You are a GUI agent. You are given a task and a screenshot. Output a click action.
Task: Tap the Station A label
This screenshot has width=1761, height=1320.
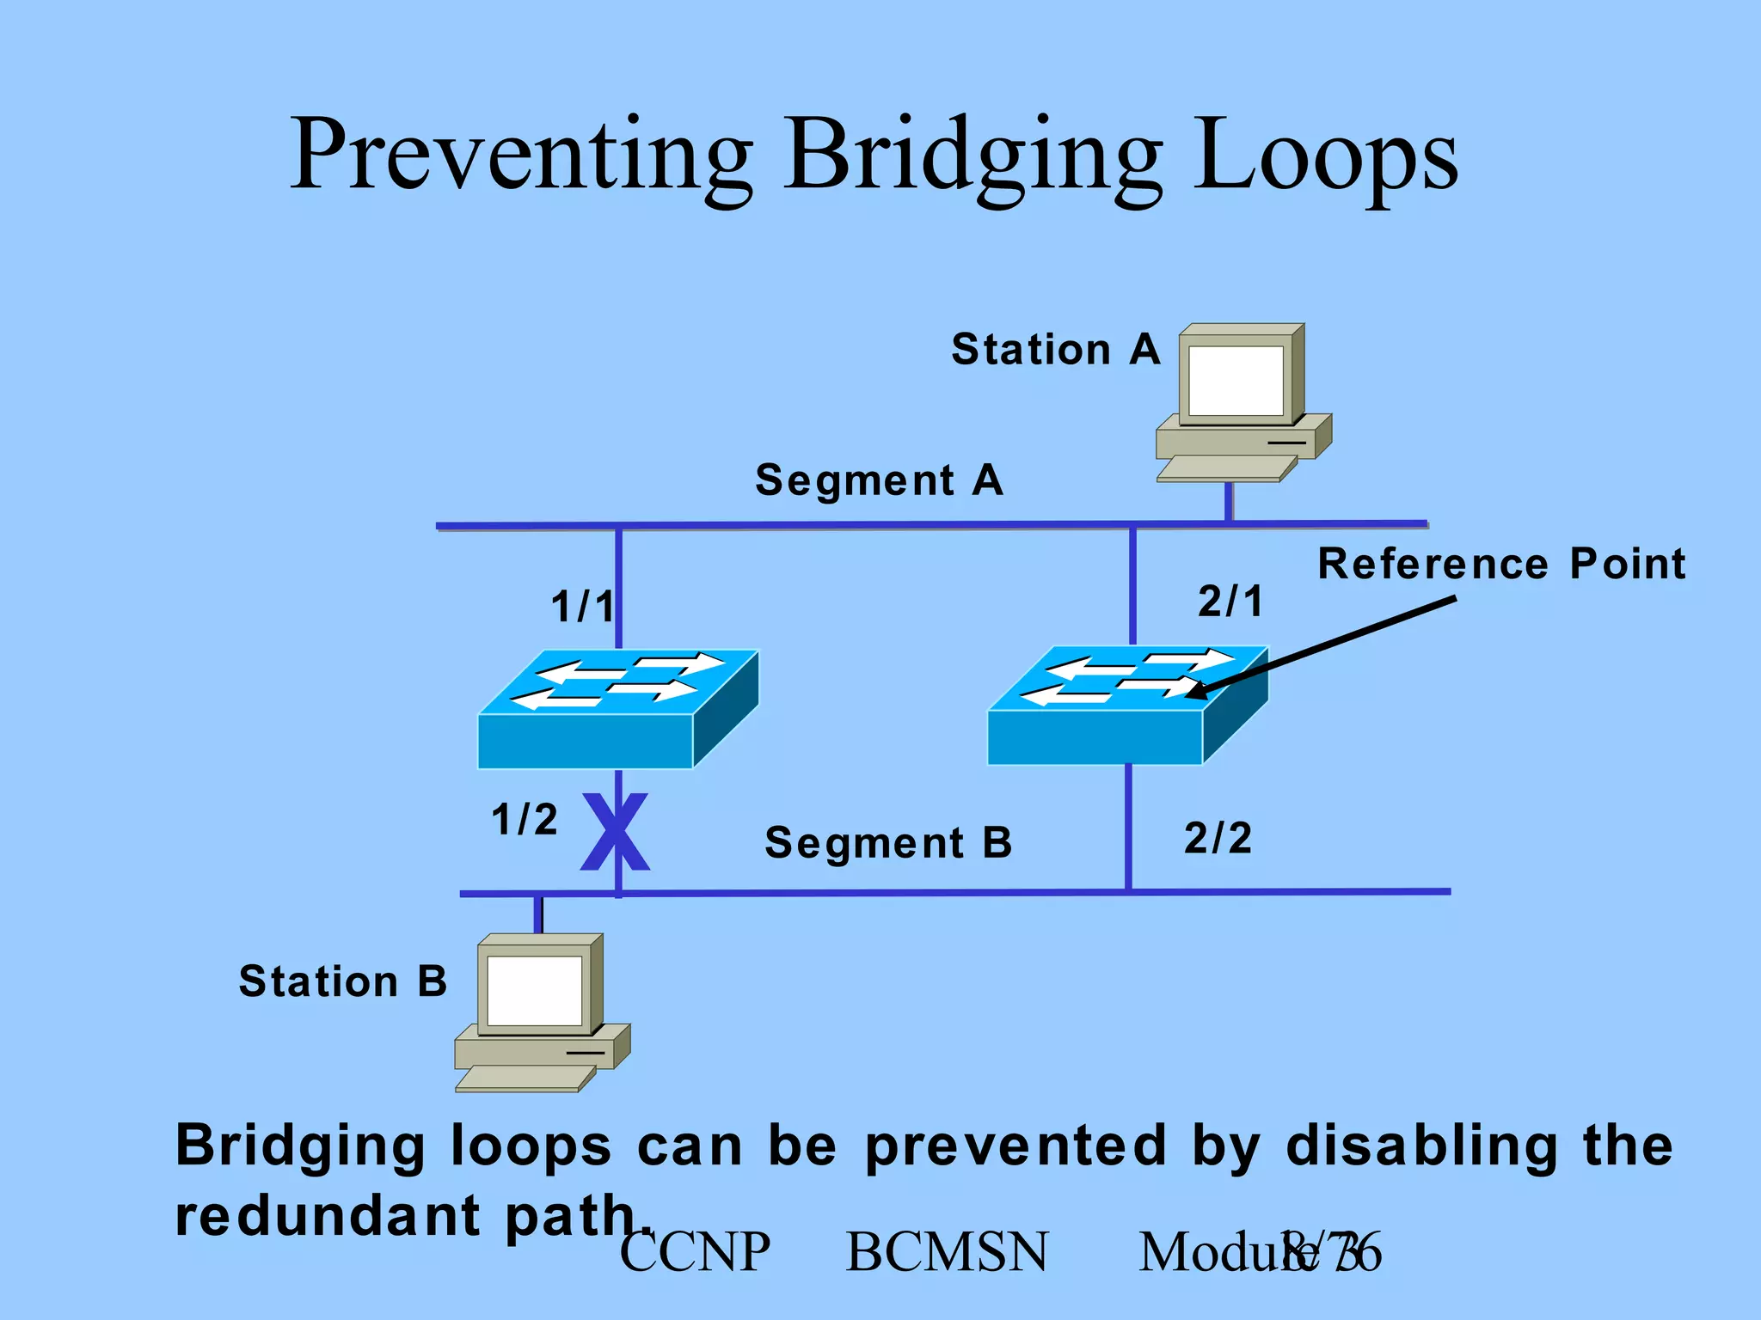1056,350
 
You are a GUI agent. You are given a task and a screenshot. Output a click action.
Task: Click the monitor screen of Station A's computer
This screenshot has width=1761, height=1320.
1236,380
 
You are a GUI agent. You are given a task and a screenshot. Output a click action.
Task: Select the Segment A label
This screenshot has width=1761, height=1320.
879,480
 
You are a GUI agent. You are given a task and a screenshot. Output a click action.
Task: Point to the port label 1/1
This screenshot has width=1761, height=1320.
582,607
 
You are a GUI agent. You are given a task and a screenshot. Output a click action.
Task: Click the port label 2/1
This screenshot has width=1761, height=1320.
1230,601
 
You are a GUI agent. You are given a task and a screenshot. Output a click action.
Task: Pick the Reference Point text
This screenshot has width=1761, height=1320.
1501,565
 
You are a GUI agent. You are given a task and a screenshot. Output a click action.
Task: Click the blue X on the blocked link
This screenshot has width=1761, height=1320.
615,832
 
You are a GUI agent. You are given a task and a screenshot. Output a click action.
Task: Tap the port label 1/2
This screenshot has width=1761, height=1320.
525,819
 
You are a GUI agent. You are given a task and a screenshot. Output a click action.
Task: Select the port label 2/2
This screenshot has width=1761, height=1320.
1218,838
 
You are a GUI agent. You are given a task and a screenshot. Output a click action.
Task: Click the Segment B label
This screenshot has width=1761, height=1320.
888,843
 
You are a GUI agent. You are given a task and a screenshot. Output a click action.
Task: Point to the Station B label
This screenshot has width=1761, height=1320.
343,981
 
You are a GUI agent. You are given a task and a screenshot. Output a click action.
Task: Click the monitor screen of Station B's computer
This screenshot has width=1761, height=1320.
534,990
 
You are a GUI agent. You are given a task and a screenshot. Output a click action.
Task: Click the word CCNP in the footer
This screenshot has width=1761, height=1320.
695,1252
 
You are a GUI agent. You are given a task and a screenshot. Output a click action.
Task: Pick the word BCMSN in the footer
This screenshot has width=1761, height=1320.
947,1252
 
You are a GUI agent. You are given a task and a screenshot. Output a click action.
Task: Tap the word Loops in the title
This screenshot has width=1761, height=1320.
1325,159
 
